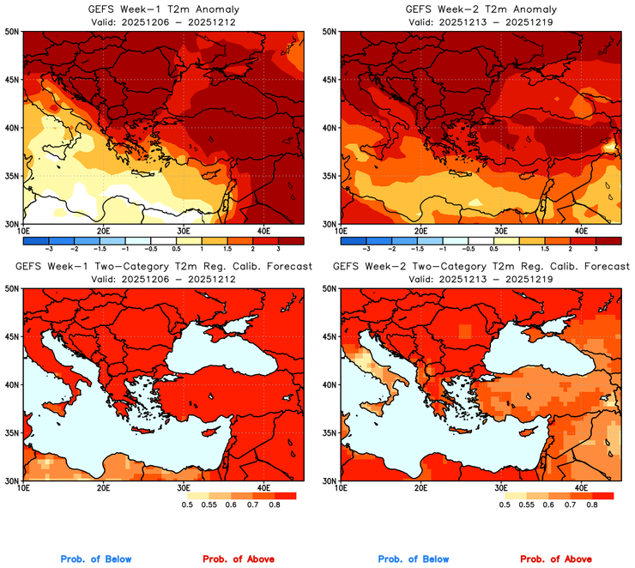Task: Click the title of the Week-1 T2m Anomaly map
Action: [x=162, y=9]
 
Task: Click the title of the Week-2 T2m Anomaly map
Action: [x=481, y=9]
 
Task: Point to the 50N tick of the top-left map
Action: [x=12, y=32]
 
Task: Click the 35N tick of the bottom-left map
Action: [x=12, y=432]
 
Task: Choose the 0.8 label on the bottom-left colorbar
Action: [x=275, y=505]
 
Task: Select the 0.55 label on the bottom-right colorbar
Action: [x=523, y=505]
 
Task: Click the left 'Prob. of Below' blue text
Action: [x=95, y=559]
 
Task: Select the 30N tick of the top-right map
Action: [x=330, y=224]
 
